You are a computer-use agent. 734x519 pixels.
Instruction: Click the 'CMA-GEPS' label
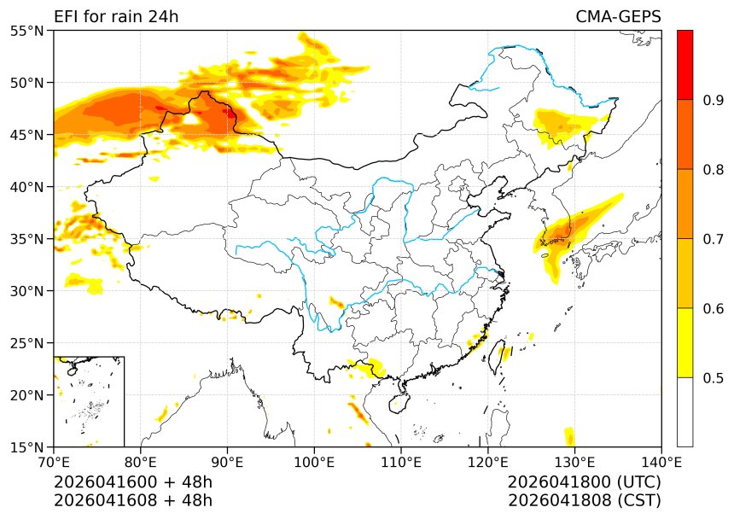(x=618, y=17)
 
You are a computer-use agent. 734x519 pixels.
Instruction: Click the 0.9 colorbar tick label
(x=713, y=100)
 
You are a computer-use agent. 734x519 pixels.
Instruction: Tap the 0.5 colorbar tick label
(x=713, y=377)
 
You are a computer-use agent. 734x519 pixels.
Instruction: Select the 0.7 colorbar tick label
(x=713, y=239)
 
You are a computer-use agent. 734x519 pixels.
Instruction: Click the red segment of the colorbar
(x=684, y=65)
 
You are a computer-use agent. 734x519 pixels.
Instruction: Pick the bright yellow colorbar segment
(x=684, y=342)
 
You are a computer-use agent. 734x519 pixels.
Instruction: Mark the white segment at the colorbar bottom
(x=684, y=411)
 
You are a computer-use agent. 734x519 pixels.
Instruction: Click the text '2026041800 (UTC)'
(x=584, y=482)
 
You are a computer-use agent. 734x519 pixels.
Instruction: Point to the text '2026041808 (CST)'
(x=584, y=500)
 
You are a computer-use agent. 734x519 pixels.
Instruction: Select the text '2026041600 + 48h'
(x=132, y=482)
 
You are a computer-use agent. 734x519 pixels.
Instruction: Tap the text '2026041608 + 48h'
(x=132, y=500)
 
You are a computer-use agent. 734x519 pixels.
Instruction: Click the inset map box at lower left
(x=89, y=401)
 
